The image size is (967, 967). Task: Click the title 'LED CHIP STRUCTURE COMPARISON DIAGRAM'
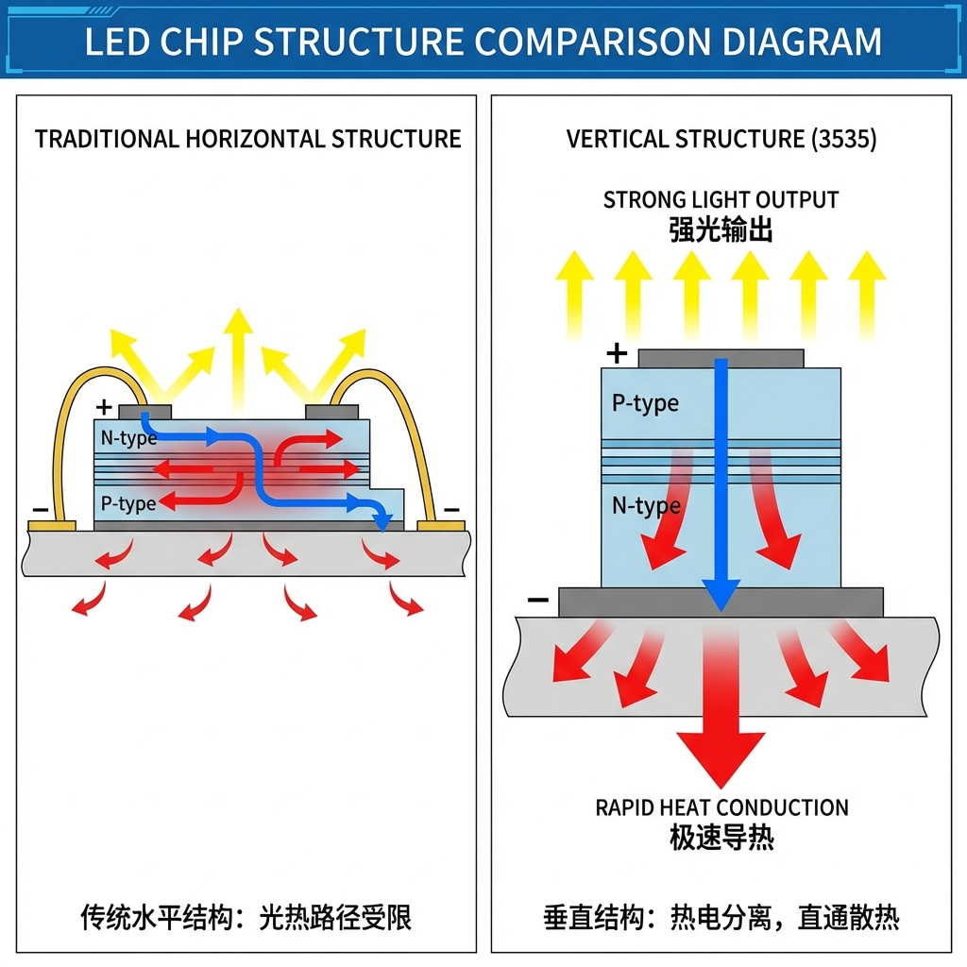click(x=483, y=42)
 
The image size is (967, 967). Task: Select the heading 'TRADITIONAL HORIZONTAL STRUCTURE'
click(x=247, y=140)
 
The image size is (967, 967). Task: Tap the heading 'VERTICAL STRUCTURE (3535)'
click(x=721, y=140)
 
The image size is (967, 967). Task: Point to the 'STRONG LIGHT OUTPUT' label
click(x=721, y=200)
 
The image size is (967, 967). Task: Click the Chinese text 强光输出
click(x=721, y=229)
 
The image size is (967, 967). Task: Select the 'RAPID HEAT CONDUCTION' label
click(x=721, y=807)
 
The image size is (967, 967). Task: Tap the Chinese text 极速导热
click(x=721, y=838)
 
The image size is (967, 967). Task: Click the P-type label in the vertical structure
click(x=645, y=403)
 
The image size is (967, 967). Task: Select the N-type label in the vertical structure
click(x=646, y=506)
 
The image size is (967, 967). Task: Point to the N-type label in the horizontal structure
click(x=128, y=438)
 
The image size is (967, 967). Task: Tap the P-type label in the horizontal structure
click(x=128, y=503)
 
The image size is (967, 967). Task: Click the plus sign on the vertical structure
click(x=617, y=354)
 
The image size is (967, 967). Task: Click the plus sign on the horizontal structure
click(x=104, y=408)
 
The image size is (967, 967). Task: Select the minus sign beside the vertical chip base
click(x=537, y=600)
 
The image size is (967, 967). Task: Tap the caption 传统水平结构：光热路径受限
click(x=246, y=917)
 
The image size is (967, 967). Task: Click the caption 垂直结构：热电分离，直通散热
click(x=721, y=917)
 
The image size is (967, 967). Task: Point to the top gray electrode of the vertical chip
click(x=721, y=359)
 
